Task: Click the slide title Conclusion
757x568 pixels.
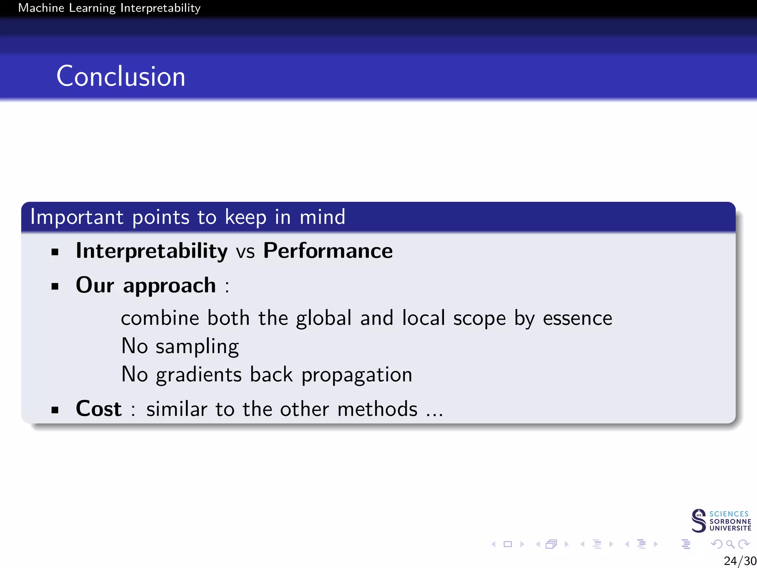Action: pos(120,77)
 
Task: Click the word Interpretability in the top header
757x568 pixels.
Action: pos(160,8)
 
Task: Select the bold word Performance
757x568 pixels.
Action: pos(327,251)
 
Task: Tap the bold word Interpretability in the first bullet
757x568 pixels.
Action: pos(152,251)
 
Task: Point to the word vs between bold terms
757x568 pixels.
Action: pos(245,252)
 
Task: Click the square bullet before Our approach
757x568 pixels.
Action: pos(55,286)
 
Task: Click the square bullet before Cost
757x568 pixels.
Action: pos(55,410)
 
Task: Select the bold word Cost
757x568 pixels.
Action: pos(98,409)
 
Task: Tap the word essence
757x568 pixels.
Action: pos(577,318)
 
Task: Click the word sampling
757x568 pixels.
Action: pos(197,347)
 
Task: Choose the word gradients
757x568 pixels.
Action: pos(198,375)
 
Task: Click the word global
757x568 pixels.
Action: pos(323,318)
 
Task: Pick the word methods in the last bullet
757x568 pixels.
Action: pos(377,409)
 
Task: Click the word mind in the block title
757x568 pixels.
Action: pos(322,217)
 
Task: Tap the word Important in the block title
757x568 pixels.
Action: pos(77,217)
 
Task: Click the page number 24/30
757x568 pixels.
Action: pos(740,561)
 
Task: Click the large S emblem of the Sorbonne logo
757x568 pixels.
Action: pos(699,521)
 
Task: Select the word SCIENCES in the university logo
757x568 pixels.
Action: pos(729,514)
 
